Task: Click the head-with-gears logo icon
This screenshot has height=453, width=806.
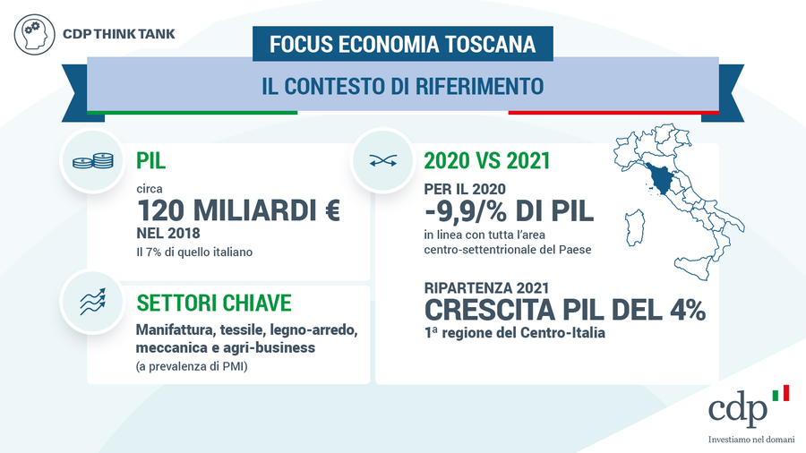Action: (x=34, y=34)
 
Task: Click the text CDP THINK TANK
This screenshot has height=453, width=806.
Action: (x=119, y=34)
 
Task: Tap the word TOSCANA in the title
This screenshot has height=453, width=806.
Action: (x=490, y=44)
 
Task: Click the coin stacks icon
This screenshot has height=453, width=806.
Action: (x=93, y=161)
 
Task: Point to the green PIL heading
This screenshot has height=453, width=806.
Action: (x=150, y=161)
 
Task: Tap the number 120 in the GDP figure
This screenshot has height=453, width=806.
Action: (x=160, y=210)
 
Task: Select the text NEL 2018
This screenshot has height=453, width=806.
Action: (x=168, y=234)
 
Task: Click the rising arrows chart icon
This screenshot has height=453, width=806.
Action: (x=92, y=302)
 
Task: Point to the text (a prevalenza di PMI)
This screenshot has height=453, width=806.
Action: (x=192, y=367)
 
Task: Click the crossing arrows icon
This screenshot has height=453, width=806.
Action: (x=383, y=161)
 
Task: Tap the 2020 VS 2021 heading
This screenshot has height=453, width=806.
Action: (x=487, y=161)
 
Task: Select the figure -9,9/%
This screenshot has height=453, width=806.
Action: (x=467, y=211)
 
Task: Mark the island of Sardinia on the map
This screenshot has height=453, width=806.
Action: (x=635, y=227)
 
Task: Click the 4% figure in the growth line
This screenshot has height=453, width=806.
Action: (x=689, y=311)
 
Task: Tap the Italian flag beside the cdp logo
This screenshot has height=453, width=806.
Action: (x=780, y=393)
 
